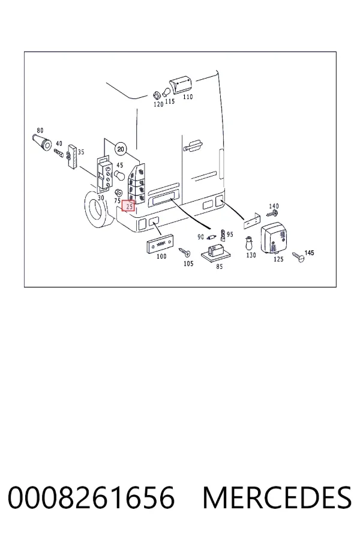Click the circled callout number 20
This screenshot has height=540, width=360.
pos(120,149)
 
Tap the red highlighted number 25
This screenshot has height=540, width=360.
pos(129,206)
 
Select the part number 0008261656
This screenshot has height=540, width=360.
pos(91,497)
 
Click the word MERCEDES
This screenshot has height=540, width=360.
pos(277,497)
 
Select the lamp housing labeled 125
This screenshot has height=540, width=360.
pos(275,238)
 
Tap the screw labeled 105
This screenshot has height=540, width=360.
pos(184,253)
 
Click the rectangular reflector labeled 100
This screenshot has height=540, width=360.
pos(160,244)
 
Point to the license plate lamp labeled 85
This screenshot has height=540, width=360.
pos(216,253)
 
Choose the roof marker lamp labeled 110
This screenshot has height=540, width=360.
pos(181,85)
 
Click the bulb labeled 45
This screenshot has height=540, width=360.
pos(119,175)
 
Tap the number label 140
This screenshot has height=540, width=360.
pos(274,206)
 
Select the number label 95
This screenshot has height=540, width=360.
pos(230,234)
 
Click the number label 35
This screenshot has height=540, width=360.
pos(80,152)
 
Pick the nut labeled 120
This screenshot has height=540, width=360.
pos(156,94)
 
